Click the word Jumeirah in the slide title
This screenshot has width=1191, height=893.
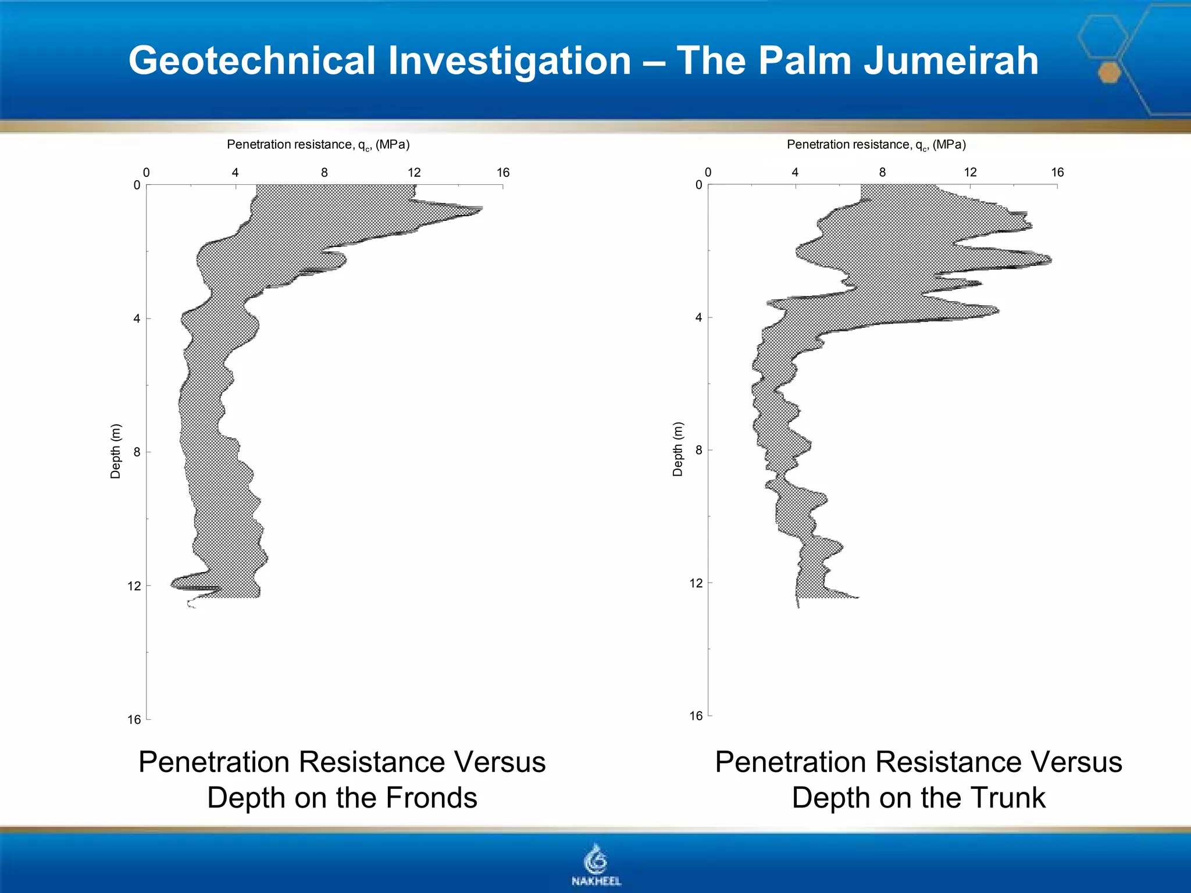tap(951, 60)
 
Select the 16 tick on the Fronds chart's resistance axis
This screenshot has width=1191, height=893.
tap(503, 173)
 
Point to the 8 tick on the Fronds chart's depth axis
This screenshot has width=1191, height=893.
tap(137, 452)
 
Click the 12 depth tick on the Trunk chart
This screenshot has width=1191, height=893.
tap(696, 583)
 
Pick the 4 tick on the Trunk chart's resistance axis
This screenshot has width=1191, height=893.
tap(795, 173)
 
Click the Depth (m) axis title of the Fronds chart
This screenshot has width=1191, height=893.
tap(116, 451)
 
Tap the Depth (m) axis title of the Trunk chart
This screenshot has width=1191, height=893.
tap(677, 449)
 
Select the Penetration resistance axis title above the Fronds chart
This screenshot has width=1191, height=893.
tap(318, 145)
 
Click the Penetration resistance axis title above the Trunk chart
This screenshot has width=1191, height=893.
tap(876, 145)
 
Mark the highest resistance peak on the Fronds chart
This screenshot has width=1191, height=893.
tap(480, 208)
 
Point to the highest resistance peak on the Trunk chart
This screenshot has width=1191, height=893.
tap(1050, 260)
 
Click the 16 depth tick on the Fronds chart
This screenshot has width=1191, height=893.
tap(134, 720)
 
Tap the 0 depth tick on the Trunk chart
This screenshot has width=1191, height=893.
tap(699, 185)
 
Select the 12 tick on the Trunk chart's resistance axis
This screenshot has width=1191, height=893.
tap(970, 173)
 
